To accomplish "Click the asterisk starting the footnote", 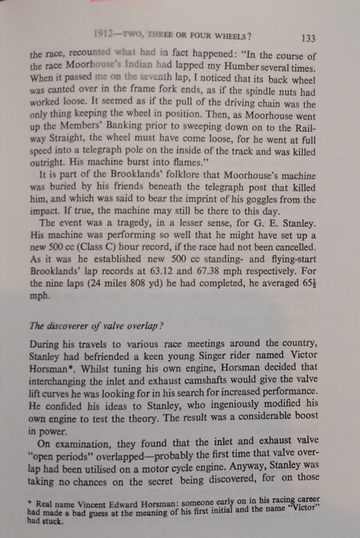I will click(x=31, y=502).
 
